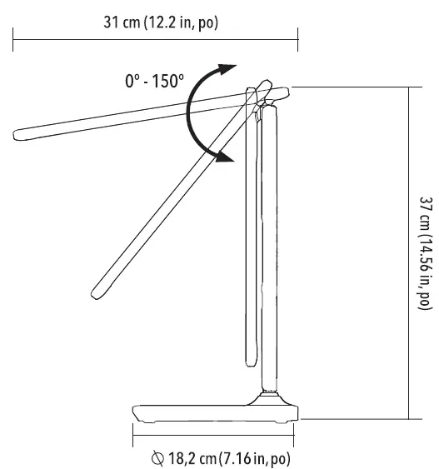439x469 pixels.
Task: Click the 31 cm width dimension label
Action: click(157, 22)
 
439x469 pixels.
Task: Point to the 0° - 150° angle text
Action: click(154, 82)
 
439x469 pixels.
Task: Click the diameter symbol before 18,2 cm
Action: click(157, 457)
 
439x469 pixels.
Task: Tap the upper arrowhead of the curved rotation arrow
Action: click(227, 67)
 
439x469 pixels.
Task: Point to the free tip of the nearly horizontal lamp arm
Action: click(20, 133)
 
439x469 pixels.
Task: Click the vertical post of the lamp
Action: click(267, 250)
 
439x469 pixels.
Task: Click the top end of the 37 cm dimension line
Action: click(410, 87)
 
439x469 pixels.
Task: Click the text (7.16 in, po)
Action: click(251, 457)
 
